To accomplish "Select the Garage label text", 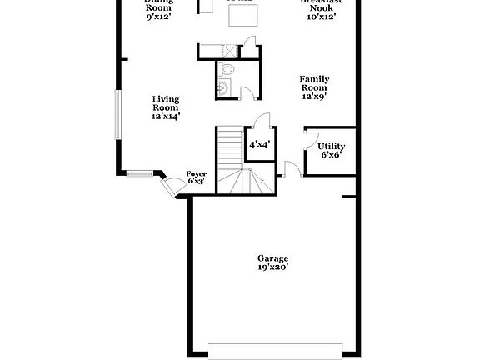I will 272,258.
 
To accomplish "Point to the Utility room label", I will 331,147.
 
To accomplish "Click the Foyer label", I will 197,174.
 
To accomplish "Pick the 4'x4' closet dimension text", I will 259,145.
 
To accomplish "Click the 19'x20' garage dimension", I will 272,267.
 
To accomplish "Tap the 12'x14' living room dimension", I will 166,117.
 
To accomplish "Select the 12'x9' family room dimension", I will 313,97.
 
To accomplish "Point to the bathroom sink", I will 222,87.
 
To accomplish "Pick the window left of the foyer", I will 141,174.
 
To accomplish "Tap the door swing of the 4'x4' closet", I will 262,119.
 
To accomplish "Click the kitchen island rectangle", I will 242,15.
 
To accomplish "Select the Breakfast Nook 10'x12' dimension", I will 321,16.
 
